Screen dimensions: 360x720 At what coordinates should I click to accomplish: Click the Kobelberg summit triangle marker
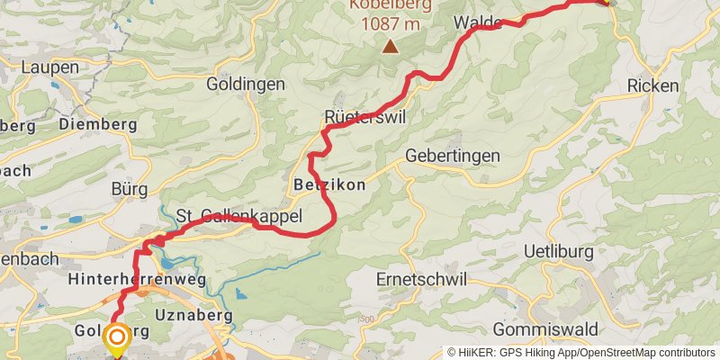click(390, 47)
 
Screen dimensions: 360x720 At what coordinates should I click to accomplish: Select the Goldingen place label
click(246, 84)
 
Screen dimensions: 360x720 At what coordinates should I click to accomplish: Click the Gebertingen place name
click(453, 156)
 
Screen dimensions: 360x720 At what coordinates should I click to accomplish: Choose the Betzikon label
click(329, 184)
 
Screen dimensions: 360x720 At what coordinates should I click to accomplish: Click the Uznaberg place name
click(193, 315)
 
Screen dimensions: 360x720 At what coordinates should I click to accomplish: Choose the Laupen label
click(49, 67)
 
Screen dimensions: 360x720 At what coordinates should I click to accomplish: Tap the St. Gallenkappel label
click(238, 216)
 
